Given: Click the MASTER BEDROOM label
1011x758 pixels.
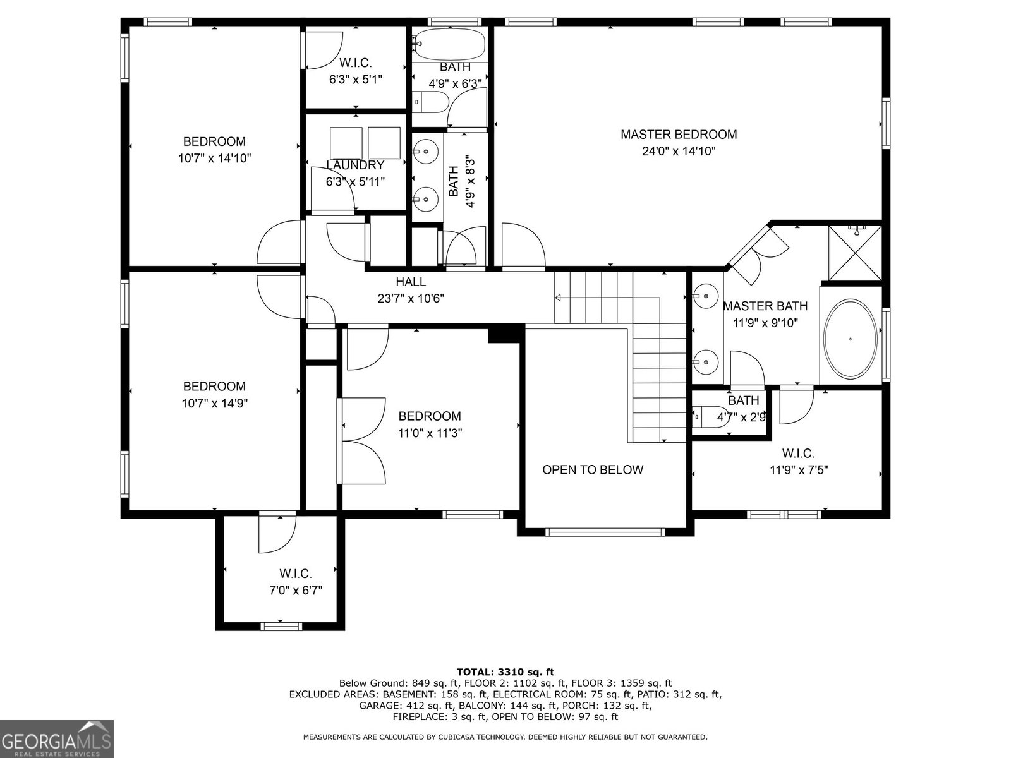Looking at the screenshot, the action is (679, 135).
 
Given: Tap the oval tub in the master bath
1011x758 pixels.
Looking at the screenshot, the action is (850, 339).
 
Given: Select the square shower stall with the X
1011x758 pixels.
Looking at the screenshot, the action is (855, 253).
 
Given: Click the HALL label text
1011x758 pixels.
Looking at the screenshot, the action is (411, 282).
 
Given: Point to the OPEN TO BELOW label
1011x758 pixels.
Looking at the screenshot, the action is (593, 470).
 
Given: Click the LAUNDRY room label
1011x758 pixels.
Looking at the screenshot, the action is (355, 165).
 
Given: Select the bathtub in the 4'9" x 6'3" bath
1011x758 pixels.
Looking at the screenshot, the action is (449, 45).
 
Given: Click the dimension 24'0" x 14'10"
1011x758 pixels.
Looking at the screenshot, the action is (679, 152).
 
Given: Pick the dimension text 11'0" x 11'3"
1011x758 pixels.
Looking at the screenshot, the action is (430, 433).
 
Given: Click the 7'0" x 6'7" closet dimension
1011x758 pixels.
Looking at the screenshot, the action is (296, 591).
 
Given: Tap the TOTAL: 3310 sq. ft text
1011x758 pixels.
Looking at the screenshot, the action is (505, 672).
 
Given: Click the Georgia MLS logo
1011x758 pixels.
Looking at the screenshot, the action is (56, 738).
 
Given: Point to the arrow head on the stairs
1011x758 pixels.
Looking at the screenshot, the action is (557, 298).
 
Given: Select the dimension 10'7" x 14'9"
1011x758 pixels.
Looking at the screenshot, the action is (215, 404).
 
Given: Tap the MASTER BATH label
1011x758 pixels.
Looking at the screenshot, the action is (765, 306).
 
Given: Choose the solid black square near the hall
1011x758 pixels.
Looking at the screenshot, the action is (505, 334).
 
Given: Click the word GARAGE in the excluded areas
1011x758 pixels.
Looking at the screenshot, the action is (379, 705).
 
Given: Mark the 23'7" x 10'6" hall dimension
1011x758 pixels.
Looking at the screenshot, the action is (411, 299).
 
